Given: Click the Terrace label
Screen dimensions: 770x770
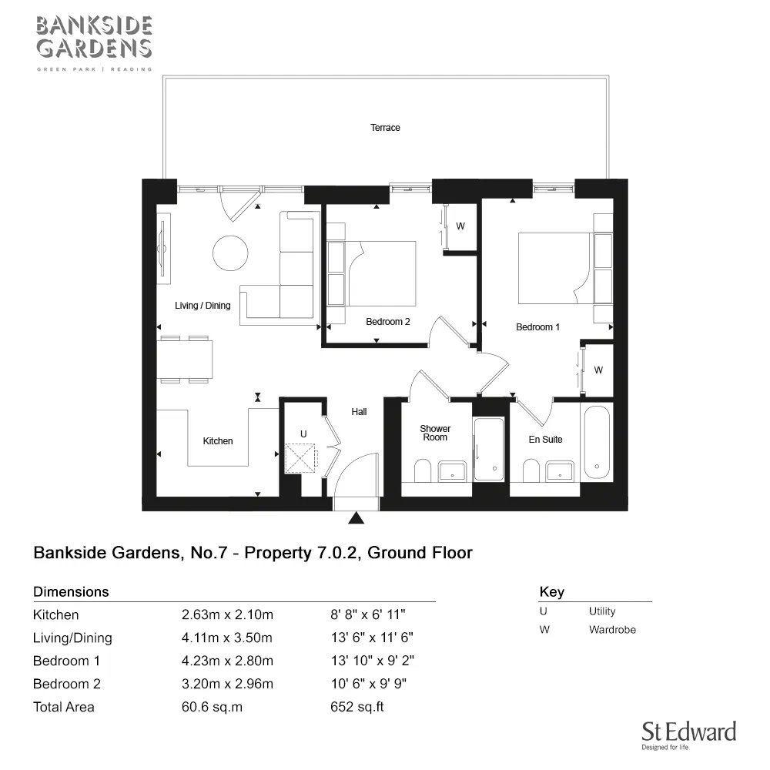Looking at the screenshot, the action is [385, 128].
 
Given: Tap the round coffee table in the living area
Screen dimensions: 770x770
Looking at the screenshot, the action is [230, 253].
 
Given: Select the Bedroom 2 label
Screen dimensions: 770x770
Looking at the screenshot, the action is [387, 322].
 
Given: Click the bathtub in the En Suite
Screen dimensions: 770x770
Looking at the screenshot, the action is [597, 442].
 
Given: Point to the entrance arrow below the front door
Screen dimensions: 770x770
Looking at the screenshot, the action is [356, 517].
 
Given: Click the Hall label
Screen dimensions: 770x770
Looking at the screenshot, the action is [359, 412].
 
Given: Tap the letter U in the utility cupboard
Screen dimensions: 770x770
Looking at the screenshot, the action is [303, 434].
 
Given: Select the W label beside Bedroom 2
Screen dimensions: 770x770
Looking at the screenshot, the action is [460, 226].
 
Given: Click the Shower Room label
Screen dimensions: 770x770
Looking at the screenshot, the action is [435, 433].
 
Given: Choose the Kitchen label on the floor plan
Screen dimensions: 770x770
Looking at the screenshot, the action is [218, 441].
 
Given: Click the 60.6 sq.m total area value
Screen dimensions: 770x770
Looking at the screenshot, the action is [213, 707].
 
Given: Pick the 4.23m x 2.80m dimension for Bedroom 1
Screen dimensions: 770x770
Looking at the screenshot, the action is [227, 661].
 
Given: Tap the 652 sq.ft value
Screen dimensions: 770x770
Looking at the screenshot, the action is [357, 707].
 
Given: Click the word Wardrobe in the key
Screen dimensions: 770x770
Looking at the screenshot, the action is [612, 630].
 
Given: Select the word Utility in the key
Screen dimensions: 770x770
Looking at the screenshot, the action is [602, 611].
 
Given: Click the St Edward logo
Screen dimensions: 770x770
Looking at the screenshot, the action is [688, 735].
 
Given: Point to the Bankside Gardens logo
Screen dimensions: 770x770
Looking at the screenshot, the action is [94, 43].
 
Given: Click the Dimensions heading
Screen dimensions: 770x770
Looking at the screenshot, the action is [71, 591].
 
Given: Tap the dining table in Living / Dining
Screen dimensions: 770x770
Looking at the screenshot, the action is [184, 360].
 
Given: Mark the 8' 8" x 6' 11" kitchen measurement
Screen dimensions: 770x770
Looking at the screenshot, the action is [368, 614].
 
